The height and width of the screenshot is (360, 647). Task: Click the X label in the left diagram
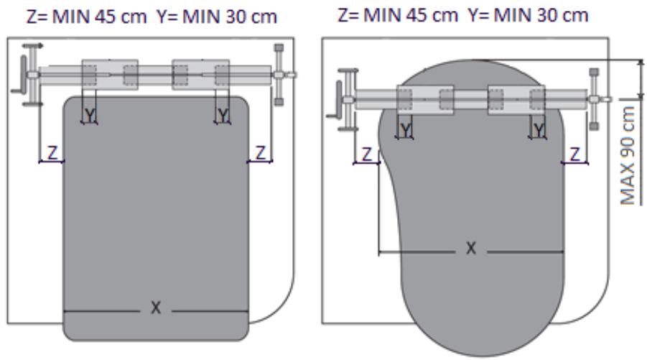156,308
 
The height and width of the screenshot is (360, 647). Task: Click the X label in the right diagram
471,248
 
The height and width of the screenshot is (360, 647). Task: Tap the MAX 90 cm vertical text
628,155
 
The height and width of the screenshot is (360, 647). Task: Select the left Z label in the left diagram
52,153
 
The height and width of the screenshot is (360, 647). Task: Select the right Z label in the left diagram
261,153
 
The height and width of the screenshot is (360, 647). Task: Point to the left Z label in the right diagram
367,155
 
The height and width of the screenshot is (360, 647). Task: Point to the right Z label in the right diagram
574,155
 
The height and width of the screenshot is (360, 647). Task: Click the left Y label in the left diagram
89,115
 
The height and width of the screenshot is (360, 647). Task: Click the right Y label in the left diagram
223,115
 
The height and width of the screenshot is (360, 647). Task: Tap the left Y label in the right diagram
406,131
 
